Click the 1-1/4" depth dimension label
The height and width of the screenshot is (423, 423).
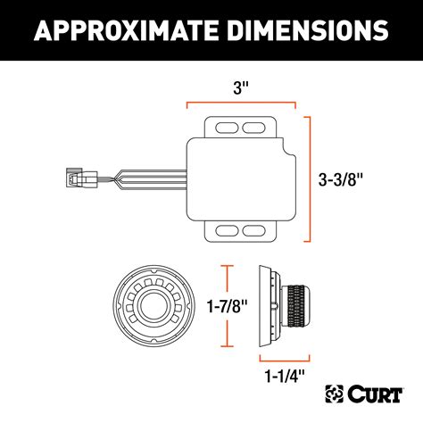284,375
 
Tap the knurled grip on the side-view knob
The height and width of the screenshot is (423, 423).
302,306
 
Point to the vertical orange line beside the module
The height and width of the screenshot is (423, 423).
311,178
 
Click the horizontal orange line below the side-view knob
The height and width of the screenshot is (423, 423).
284,356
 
